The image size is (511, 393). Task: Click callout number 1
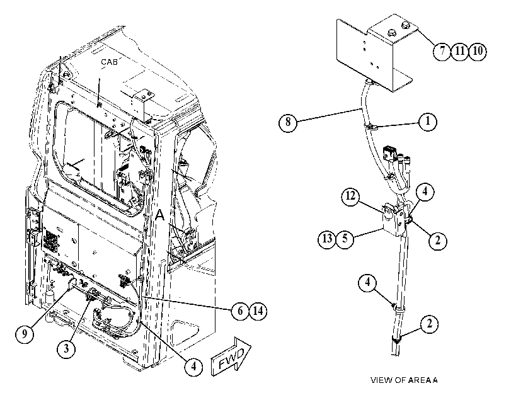pyautogui.click(x=428, y=122)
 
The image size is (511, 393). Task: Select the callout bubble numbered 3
pyautogui.click(x=66, y=349)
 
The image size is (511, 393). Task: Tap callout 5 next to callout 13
pyautogui.click(x=345, y=239)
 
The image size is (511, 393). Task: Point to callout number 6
pyautogui.click(x=240, y=311)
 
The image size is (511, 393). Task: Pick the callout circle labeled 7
pyautogui.click(x=442, y=51)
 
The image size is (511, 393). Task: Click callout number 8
pyautogui.click(x=288, y=123)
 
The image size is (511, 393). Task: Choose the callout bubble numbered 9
pyautogui.click(x=25, y=333)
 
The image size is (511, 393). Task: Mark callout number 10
pyautogui.click(x=478, y=51)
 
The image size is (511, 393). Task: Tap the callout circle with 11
pyautogui.click(x=460, y=51)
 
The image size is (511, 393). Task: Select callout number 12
pyautogui.click(x=351, y=196)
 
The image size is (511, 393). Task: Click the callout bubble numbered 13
pyautogui.click(x=327, y=239)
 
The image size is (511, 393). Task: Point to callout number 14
pyautogui.click(x=258, y=311)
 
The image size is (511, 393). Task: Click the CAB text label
pyautogui.click(x=109, y=62)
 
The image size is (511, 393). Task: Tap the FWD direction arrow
pyautogui.click(x=231, y=357)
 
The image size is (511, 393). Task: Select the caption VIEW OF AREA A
pyautogui.click(x=404, y=380)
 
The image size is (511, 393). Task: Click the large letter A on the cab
pyautogui.click(x=160, y=215)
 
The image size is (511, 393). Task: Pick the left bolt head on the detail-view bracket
pyautogui.click(x=391, y=33)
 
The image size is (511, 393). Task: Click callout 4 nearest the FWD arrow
pyautogui.click(x=193, y=367)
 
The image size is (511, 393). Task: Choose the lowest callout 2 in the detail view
pyautogui.click(x=430, y=324)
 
